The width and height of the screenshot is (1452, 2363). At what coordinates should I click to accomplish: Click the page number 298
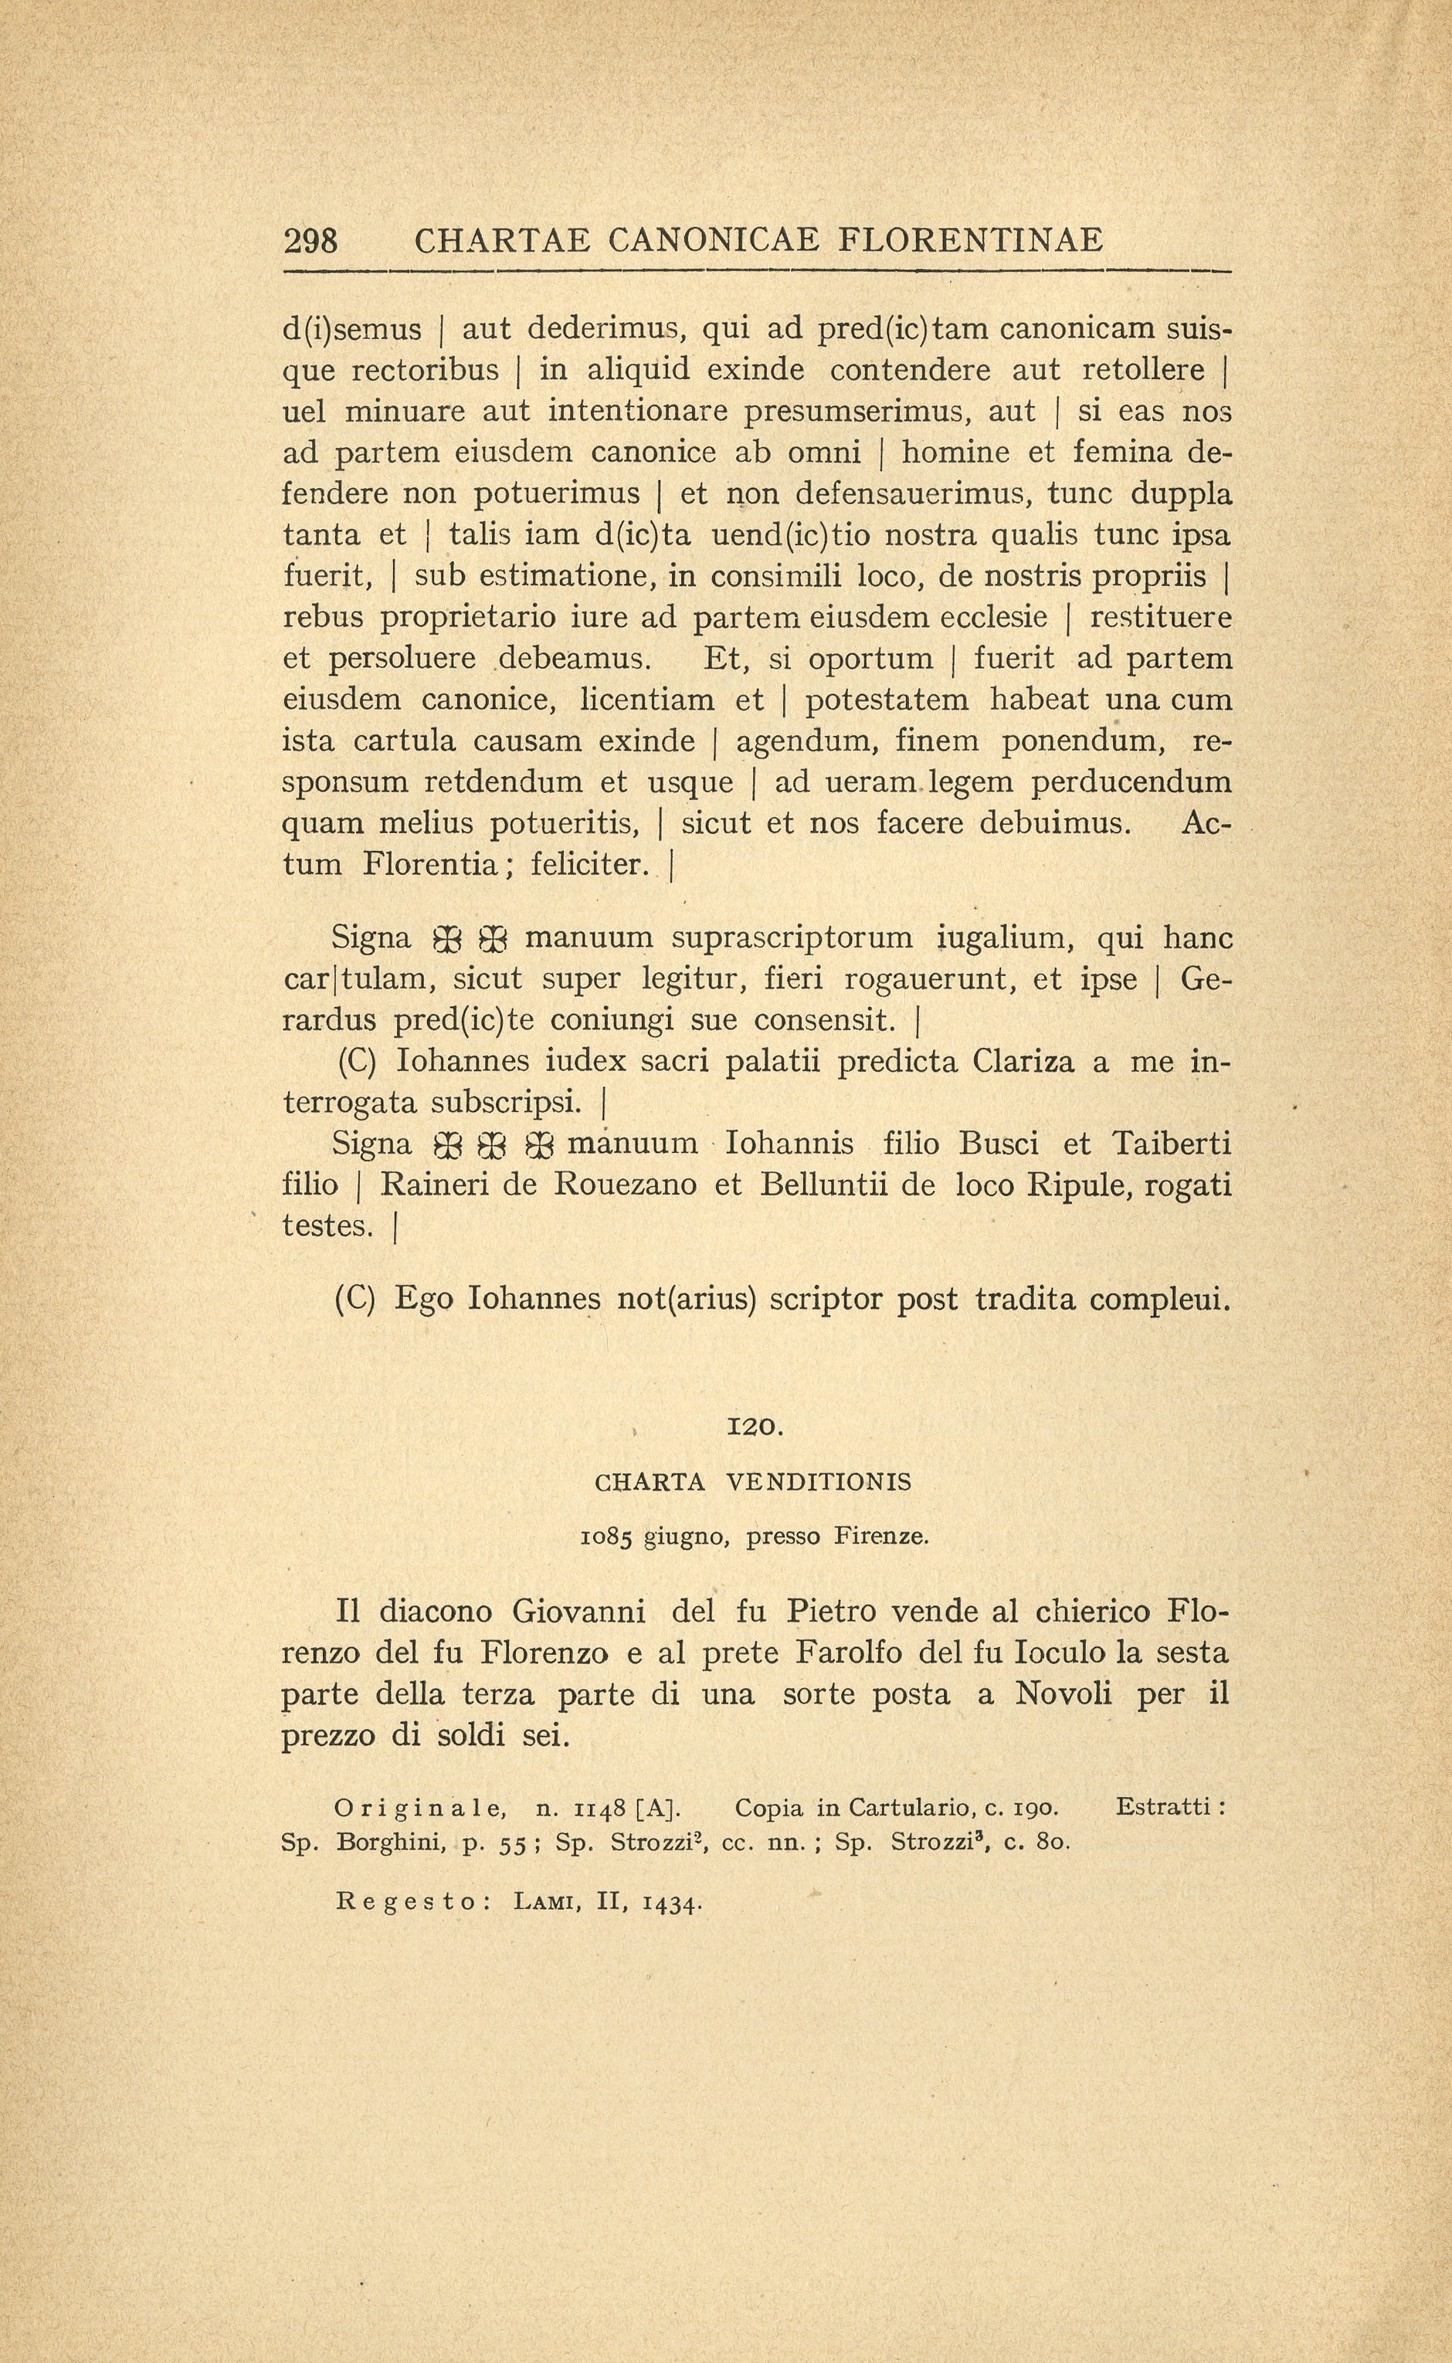coord(310,240)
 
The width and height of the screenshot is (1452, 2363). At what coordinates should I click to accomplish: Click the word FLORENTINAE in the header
coord(971,240)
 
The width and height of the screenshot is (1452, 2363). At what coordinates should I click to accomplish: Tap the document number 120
coord(757,1427)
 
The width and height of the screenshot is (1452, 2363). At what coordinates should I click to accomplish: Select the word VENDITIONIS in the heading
coord(818,1483)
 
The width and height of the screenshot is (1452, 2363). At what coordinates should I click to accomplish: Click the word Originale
coord(419,1808)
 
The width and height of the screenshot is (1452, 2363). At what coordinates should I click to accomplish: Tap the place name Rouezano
coord(625,1185)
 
